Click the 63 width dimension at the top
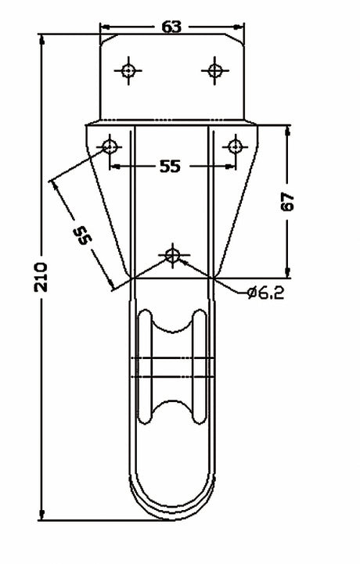171,27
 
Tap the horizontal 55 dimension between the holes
170,166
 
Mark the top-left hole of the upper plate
128,70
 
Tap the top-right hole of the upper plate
214,70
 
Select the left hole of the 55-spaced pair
110,145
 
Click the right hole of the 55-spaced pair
234,145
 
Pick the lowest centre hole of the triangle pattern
172,255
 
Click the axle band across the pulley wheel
171,368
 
